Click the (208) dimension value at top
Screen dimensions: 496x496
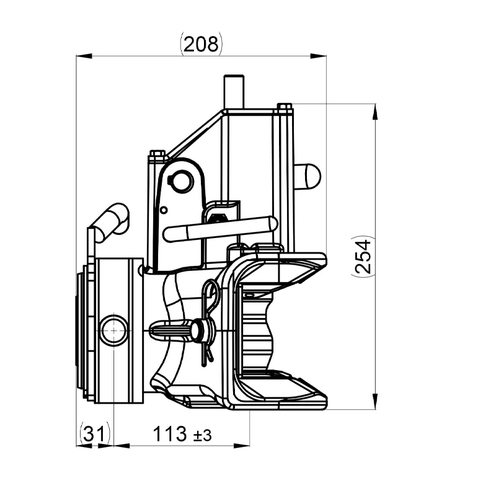[x=201, y=44]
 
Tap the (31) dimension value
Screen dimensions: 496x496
[x=94, y=434]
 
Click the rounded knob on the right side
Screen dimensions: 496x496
[x=308, y=177]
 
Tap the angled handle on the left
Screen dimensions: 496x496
[x=112, y=221]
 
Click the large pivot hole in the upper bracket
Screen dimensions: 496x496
[x=180, y=180]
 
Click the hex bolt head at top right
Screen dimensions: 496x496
[x=285, y=107]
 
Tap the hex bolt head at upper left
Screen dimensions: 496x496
[x=157, y=153]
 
